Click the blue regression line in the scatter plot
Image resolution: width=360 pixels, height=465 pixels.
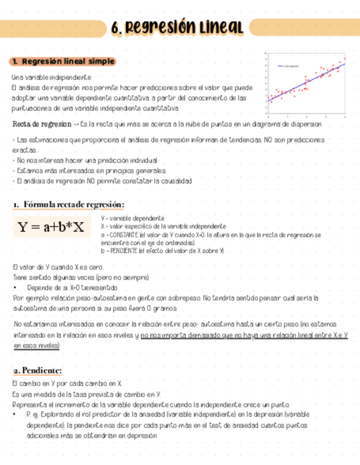tap(307, 82)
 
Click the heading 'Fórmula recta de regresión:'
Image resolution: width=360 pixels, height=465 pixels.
tap(68, 204)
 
